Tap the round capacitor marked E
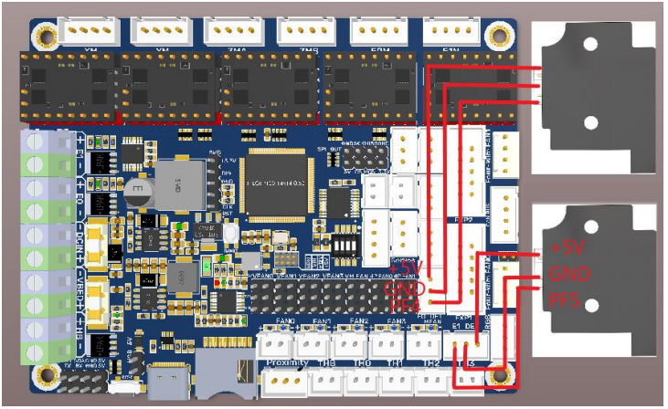pyautogui.click(x=137, y=193)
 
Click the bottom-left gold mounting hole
pyautogui.click(x=44, y=376)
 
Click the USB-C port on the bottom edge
pyautogui.click(x=170, y=383)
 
